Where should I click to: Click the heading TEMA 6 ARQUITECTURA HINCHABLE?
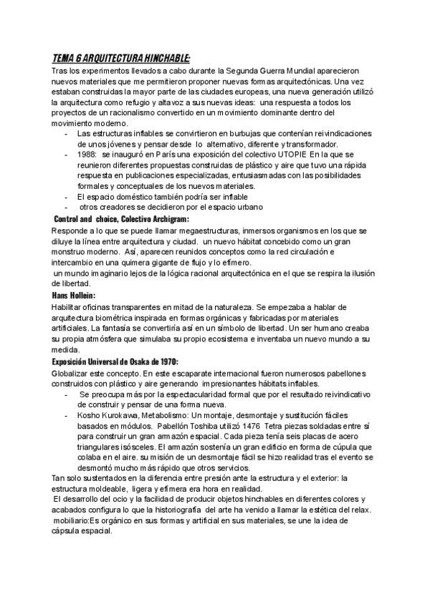click(x=121, y=59)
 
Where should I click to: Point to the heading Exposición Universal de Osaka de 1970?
click(x=115, y=362)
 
